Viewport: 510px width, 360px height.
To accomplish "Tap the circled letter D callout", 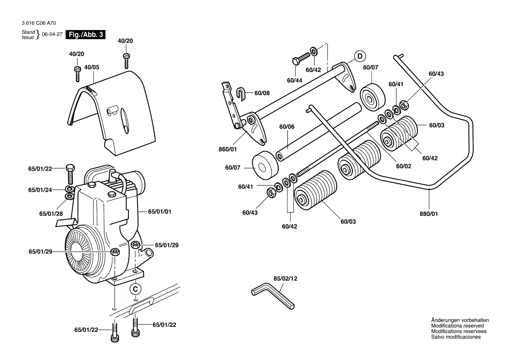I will click(x=360, y=56).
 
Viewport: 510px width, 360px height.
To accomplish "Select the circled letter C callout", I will click(x=136, y=289).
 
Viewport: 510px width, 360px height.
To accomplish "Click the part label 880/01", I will click(x=428, y=214).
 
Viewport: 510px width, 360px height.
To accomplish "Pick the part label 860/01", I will click(x=227, y=149).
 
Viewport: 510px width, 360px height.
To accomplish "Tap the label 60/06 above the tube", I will click(x=287, y=127).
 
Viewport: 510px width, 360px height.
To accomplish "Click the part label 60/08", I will click(x=262, y=93).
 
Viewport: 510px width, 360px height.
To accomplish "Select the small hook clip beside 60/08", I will click(x=243, y=93).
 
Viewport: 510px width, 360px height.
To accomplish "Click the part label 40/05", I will click(x=92, y=68).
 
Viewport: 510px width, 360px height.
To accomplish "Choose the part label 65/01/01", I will click(x=159, y=212).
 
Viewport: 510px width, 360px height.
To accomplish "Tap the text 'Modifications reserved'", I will click(x=457, y=326).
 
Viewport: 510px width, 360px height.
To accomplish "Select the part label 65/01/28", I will click(x=51, y=213).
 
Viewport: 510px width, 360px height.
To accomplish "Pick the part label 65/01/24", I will click(x=40, y=190).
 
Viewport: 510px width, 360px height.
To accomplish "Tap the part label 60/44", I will click(x=295, y=80).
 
